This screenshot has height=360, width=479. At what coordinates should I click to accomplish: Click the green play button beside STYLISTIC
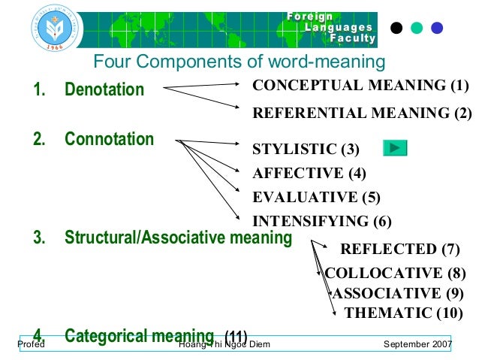tap(395, 147)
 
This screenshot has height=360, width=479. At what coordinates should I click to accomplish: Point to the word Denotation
tap(104, 90)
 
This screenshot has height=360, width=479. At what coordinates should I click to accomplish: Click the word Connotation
tap(109, 139)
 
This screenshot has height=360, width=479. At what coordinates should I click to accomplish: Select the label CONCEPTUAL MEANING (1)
tap(360, 85)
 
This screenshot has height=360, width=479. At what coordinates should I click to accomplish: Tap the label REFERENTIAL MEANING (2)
tap(362, 113)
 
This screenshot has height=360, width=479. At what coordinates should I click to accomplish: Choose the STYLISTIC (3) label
tap(306, 149)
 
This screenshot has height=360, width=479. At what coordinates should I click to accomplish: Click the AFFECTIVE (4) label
tap(309, 173)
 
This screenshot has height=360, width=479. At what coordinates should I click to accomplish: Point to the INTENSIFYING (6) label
tap(322, 221)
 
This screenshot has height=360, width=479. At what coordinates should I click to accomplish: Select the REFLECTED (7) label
tap(399, 250)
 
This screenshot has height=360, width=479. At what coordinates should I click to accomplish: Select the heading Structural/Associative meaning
tap(178, 238)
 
